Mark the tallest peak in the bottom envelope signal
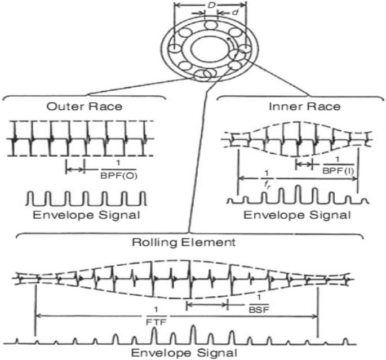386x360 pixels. point(193,334)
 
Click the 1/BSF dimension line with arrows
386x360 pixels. point(207,305)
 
